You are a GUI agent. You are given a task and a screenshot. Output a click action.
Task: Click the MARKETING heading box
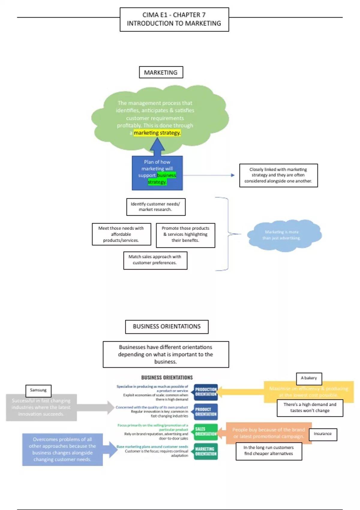pos(161,72)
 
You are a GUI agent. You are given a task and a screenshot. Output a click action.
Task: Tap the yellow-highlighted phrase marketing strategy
pos(157,133)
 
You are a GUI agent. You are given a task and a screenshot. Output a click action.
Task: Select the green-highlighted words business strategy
pos(162,178)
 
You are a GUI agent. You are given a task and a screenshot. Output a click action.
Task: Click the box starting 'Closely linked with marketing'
pos(278,175)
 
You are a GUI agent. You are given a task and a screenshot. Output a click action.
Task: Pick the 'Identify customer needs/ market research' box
pos(156,207)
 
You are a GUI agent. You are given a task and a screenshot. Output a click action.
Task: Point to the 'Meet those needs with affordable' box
pos(121,234)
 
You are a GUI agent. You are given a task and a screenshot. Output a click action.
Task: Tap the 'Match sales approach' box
pos(155,260)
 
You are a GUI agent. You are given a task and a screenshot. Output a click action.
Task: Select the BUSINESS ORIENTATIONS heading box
pos(167,326)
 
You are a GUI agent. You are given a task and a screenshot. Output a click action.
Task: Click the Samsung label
pos(38,390)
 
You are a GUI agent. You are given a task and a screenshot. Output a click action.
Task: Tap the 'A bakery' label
pos(309,378)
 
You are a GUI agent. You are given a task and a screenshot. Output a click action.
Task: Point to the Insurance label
pos(323,434)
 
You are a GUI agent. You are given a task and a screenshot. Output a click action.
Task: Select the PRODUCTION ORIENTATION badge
pos(206,392)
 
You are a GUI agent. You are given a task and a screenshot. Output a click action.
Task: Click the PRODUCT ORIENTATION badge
pos(206,412)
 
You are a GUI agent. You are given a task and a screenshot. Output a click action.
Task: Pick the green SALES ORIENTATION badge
pos(206,431)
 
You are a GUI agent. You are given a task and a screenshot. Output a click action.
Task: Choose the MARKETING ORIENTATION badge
pos(206,451)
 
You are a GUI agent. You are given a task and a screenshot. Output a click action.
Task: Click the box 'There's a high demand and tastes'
pos(310,408)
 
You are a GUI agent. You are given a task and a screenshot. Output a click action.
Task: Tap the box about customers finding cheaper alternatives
pos(269,451)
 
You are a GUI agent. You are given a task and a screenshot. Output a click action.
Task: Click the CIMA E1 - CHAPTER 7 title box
pos(174,19)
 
